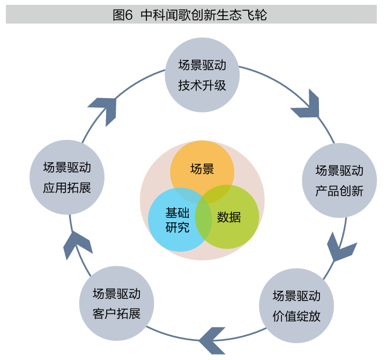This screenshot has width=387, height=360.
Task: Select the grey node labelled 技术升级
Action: (202, 75)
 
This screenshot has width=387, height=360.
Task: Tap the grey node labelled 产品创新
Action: (339, 180)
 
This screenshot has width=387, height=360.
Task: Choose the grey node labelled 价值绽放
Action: (296, 306)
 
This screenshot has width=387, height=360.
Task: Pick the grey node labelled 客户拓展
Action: (116, 304)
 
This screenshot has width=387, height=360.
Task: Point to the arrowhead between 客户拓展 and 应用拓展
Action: (76, 246)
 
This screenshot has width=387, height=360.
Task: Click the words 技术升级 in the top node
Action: (202, 85)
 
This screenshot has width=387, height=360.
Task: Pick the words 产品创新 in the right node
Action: (339, 191)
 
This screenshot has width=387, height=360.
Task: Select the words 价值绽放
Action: (296, 316)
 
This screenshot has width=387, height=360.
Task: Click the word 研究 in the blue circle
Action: (177, 227)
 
